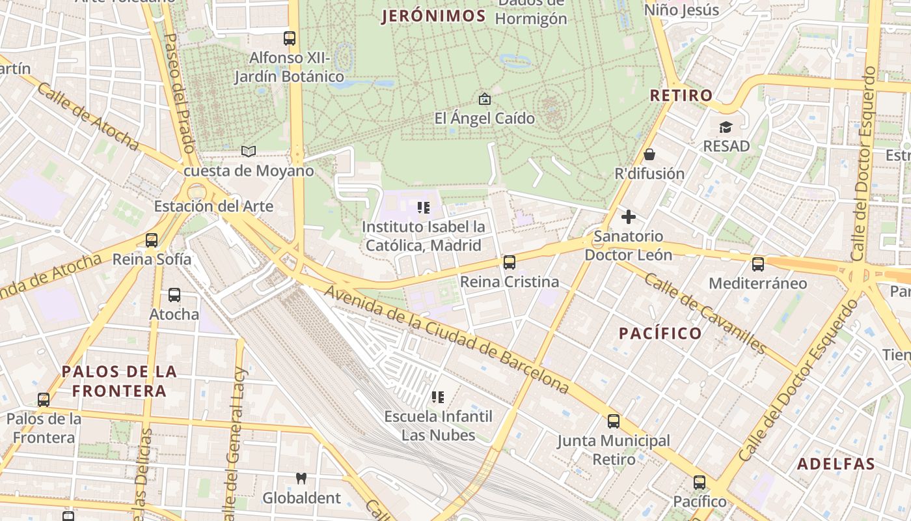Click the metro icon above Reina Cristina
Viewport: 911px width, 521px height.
(510, 262)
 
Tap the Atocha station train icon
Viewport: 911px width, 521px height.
(174, 295)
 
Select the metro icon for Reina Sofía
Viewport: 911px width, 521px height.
(152, 240)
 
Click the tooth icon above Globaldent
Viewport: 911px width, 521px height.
(301, 478)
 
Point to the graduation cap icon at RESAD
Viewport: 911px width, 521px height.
(726, 127)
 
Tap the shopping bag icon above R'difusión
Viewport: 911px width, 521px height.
(649, 154)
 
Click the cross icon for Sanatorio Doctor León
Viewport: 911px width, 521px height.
(629, 217)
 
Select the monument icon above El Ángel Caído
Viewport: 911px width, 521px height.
(484, 99)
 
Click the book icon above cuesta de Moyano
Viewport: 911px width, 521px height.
(248, 151)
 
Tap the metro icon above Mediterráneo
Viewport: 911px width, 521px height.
(757, 264)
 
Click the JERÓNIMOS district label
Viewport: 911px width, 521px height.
(434, 16)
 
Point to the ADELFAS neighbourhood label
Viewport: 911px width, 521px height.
(836, 464)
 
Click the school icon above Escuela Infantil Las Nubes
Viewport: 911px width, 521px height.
(438, 397)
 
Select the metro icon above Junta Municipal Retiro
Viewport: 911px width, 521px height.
(613, 421)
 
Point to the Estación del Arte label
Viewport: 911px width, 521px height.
(213, 206)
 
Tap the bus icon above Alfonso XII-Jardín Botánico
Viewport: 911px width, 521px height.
(290, 38)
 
